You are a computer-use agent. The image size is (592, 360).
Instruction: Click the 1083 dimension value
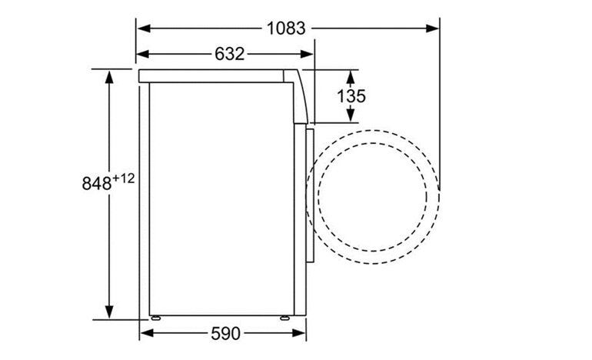pos(286,28)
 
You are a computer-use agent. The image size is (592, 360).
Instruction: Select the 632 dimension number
pos(230,54)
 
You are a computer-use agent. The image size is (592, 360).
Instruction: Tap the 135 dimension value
pos(351,96)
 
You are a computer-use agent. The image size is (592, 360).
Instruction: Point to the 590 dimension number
pos(225,333)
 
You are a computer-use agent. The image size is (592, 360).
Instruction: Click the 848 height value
pos(97,184)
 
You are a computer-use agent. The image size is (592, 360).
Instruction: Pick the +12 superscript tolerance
pos(123,178)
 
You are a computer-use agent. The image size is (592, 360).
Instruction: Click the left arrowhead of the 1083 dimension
pos(145,28)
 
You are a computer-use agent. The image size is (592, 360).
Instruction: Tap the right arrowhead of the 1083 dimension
pos(432,28)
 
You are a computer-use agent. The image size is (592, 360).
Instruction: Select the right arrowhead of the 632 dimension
pos(307,54)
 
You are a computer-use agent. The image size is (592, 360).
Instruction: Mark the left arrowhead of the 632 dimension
pos(143,54)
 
